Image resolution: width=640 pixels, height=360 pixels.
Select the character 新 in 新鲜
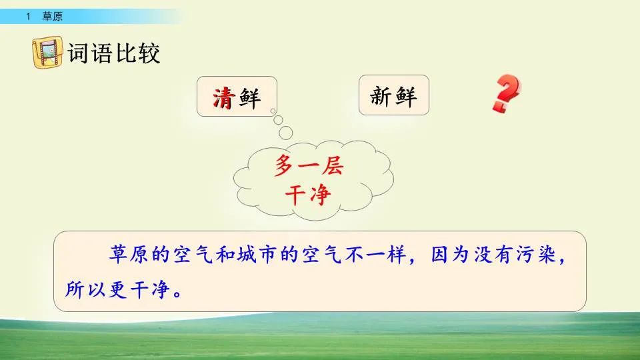tap(381, 97)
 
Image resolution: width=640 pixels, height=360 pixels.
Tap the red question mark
tap(506, 94)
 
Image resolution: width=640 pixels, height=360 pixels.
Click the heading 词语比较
tap(114, 53)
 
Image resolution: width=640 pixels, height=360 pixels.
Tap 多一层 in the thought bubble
tap(308, 167)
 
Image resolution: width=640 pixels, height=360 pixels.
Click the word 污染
tap(533, 256)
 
